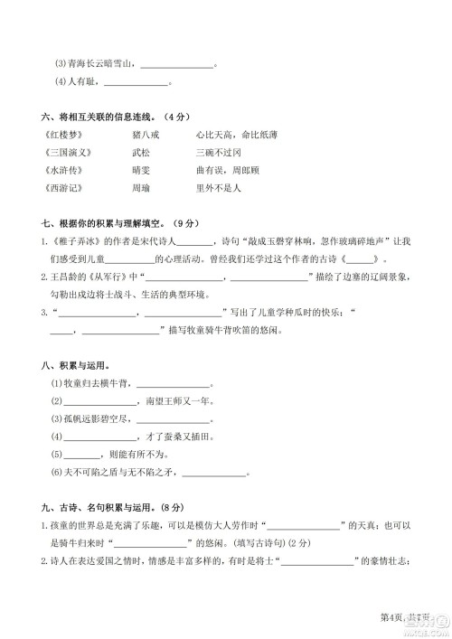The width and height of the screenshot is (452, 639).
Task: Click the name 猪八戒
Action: point(145,134)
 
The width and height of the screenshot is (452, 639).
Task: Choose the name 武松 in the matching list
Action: point(140,152)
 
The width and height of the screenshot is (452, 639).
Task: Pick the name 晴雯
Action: point(140,170)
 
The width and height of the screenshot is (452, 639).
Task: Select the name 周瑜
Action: point(140,188)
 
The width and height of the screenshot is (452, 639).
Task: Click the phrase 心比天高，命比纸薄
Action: point(236,134)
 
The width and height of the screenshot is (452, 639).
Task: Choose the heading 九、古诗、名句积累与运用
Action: point(113,506)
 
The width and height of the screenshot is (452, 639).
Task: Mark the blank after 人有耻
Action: point(137,84)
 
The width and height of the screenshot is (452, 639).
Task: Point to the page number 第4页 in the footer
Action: point(391,616)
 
